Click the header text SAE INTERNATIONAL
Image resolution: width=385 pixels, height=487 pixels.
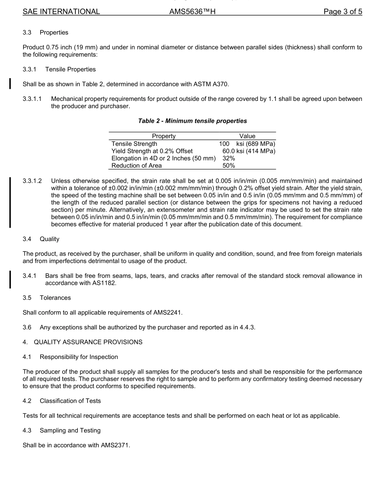[61, 12]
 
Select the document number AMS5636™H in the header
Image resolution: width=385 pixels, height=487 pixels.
[192, 12]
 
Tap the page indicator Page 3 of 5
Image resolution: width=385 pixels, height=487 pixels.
[342, 12]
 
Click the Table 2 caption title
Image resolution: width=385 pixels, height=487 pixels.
[192, 121]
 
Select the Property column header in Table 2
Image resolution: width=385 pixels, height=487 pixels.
[164, 136]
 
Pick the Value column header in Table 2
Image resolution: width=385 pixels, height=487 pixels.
[247, 136]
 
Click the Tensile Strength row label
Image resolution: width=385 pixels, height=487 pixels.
[134, 144]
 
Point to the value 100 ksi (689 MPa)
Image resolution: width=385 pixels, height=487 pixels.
[247, 144]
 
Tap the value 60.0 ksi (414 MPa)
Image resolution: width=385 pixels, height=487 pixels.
[248, 151]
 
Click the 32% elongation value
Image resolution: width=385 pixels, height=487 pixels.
[229, 158]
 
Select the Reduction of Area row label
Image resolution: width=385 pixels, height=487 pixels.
[136, 166]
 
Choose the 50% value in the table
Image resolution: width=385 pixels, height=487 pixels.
[229, 166]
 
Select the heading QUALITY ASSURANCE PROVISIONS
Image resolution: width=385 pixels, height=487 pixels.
[88, 342]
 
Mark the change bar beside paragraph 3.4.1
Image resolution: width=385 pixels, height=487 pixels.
[10, 279]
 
